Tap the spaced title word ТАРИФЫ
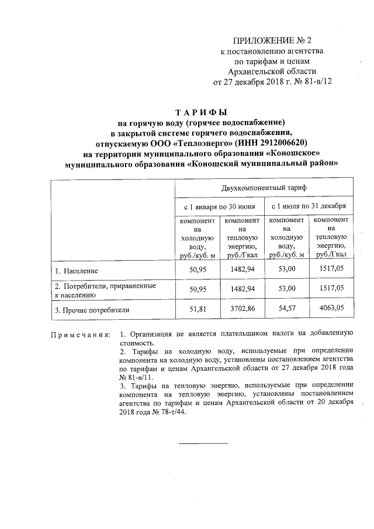point(201,112)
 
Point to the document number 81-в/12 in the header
point(314,82)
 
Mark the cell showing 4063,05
point(331,310)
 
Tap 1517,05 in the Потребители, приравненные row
point(331,289)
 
